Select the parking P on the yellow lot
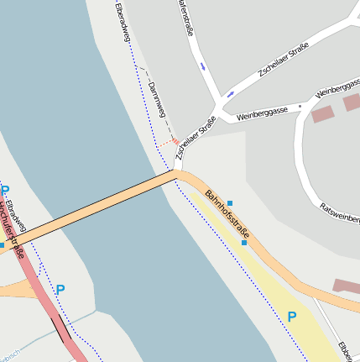(x=292, y=317)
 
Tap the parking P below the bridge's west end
(x=60, y=290)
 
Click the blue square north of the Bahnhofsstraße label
(x=230, y=203)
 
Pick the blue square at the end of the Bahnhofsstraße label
(x=244, y=243)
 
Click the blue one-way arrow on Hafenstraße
(x=203, y=66)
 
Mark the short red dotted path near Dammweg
(x=171, y=143)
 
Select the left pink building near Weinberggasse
(x=322, y=114)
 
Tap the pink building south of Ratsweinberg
(x=346, y=286)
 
